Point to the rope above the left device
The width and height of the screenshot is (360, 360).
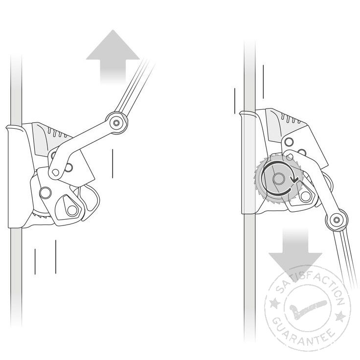17,73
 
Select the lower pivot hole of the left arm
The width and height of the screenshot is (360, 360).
55,172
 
